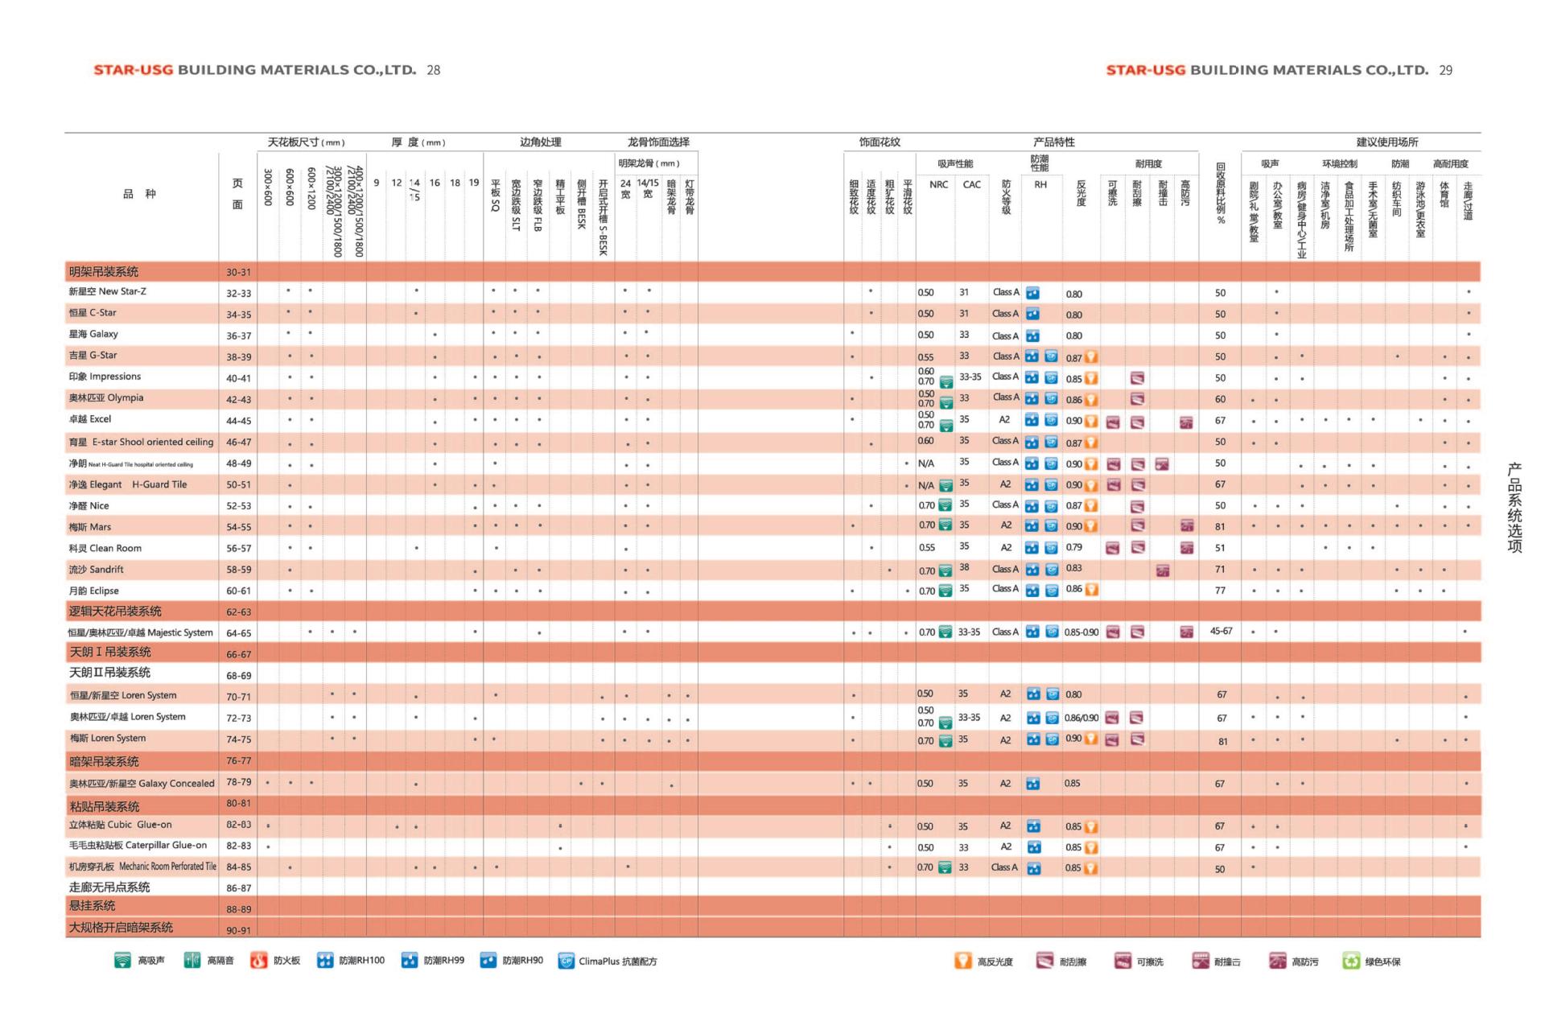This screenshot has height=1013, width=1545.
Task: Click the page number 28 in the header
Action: tap(433, 70)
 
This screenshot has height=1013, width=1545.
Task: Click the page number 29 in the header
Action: tap(1445, 70)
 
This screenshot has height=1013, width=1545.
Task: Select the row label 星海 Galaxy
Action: tap(93, 334)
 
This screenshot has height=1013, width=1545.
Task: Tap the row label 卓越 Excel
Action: tap(90, 419)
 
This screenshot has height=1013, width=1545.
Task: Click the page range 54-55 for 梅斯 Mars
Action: tap(238, 527)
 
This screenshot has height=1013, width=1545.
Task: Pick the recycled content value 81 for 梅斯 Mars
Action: tap(1220, 527)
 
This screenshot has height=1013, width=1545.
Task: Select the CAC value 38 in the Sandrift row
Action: tap(964, 567)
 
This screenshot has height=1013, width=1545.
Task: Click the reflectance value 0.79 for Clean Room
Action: tap(1073, 547)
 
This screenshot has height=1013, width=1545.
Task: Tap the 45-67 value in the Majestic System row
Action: tap(1221, 632)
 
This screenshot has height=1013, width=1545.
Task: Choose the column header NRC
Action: tap(938, 184)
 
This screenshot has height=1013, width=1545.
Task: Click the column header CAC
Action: tap(971, 184)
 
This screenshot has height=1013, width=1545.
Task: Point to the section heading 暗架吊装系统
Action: tap(104, 761)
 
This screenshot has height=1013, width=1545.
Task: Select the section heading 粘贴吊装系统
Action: tap(105, 806)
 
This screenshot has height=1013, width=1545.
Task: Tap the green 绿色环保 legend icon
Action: tap(1351, 961)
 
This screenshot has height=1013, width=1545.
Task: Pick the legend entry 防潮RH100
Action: tap(352, 961)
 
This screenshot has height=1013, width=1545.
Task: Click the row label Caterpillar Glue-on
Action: tap(138, 846)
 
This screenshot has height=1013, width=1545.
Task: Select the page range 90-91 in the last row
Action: tap(238, 931)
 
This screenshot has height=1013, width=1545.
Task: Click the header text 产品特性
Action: tap(1053, 142)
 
